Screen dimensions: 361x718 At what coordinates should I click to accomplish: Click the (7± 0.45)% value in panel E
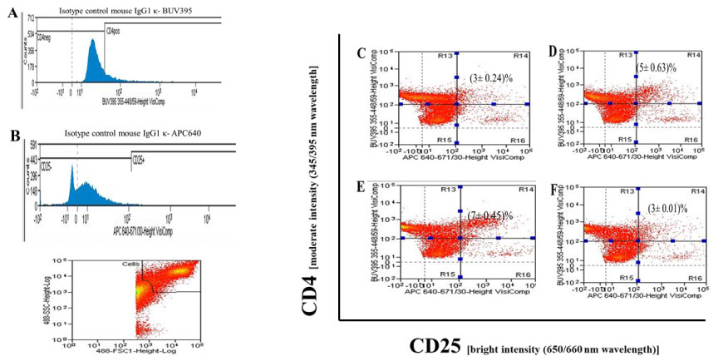point(493,215)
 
